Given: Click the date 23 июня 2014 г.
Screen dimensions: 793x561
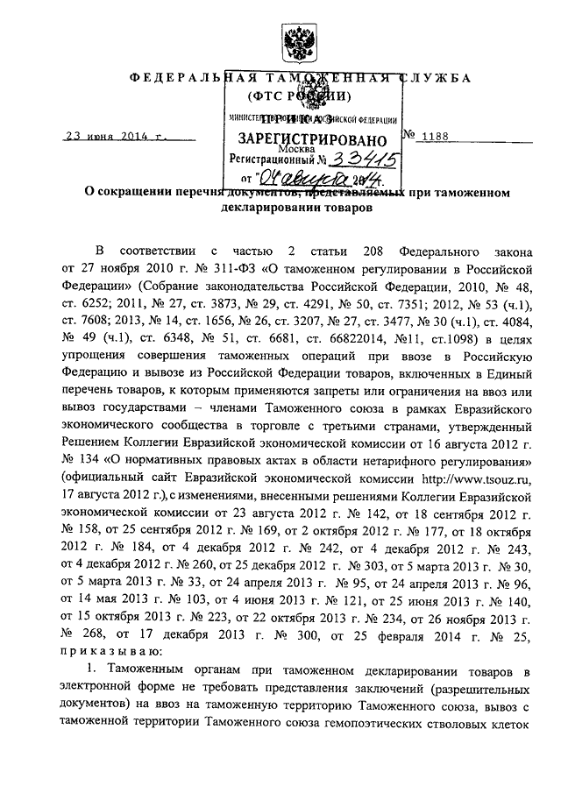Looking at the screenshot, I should point(117,138).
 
